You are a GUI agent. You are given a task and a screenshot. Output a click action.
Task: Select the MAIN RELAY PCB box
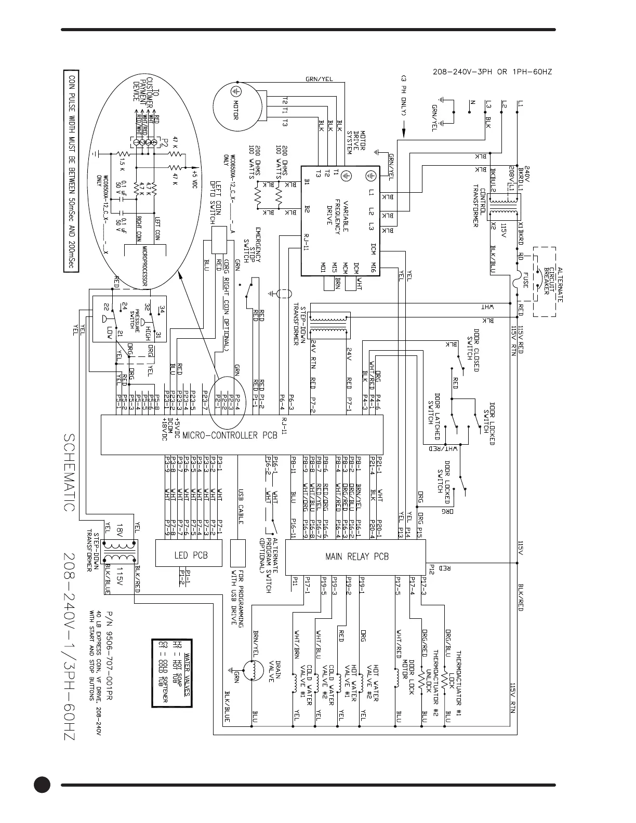click(x=356, y=556)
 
